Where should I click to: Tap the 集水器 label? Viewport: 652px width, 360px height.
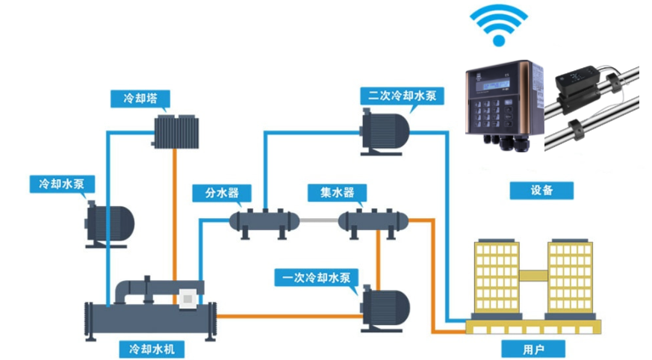pos(332,193)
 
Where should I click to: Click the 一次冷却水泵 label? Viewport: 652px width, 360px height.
pos(317,277)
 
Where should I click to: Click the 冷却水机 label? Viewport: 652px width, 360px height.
pos(151,349)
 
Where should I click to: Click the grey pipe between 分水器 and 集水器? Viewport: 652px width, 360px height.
pos(318,221)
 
